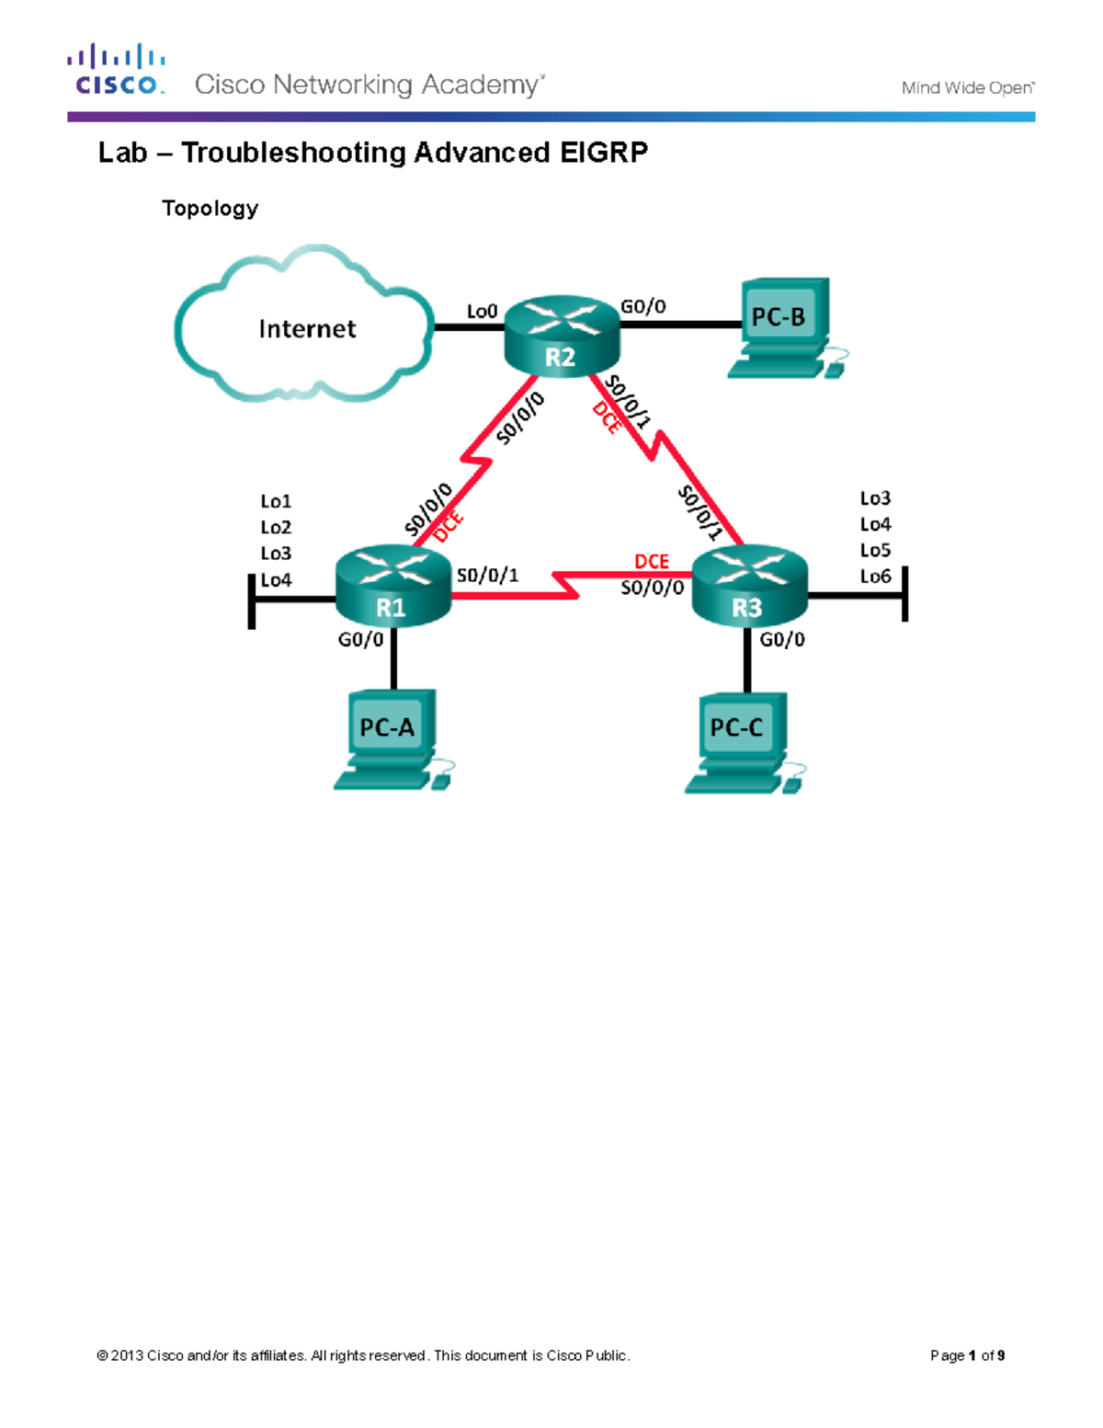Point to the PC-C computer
[x=741, y=741]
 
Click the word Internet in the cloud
[x=307, y=329]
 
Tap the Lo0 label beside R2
[x=482, y=312]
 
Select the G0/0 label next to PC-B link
[x=643, y=307]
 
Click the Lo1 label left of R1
[x=276, y=501]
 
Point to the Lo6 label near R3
[x=875, y=577]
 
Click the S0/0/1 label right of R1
[x=487, y=576]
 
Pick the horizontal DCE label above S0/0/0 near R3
[x=652, y=561]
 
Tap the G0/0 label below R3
[x=782, y=639]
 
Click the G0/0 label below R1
[x=360, y=640]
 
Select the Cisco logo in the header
[x=117, y=70]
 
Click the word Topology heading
[x=210, y=209]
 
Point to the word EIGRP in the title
[x=603, y=153]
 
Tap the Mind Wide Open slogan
[x=967, y=88]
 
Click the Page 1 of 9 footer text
[x=967, y=1355]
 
